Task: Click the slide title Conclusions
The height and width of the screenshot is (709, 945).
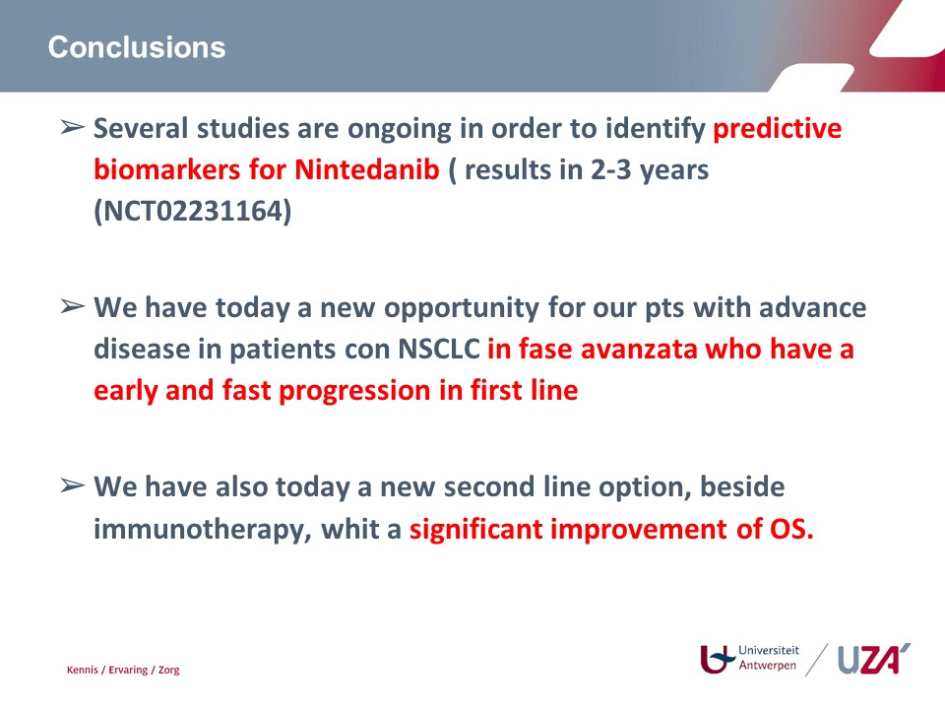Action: pyautogui.click(x=137, y=47)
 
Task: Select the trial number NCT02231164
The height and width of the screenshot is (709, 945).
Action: pyautogui.click(x=193, y=211)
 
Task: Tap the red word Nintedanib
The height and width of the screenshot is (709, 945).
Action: pyautogui.click(x=367, y=169)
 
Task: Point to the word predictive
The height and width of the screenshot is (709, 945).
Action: pyautogui.click(x=778, y=129)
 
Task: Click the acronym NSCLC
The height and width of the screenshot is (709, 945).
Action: pyautogui.click(x=439, y=349)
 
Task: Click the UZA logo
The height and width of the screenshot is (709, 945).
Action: pyautogui.click(x=874, y=659)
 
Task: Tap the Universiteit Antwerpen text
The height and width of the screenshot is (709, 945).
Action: pyautogui.click(x=769, y=658)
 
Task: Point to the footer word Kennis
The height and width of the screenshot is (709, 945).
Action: pyautogui.click(x=83, y=670)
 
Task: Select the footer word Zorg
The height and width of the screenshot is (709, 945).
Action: pyautogui.click(x=168, y=671)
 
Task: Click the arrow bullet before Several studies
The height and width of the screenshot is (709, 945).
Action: pyautogui.click(x=72, y=127)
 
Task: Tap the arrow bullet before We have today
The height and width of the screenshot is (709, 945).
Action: pyautogui.click(x=72, y=306)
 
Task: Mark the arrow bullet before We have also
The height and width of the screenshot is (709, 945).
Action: pyautogui.click(x=72, y=485)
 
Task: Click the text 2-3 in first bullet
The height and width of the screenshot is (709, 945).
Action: pyautogui.click(x=610, y=170)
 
